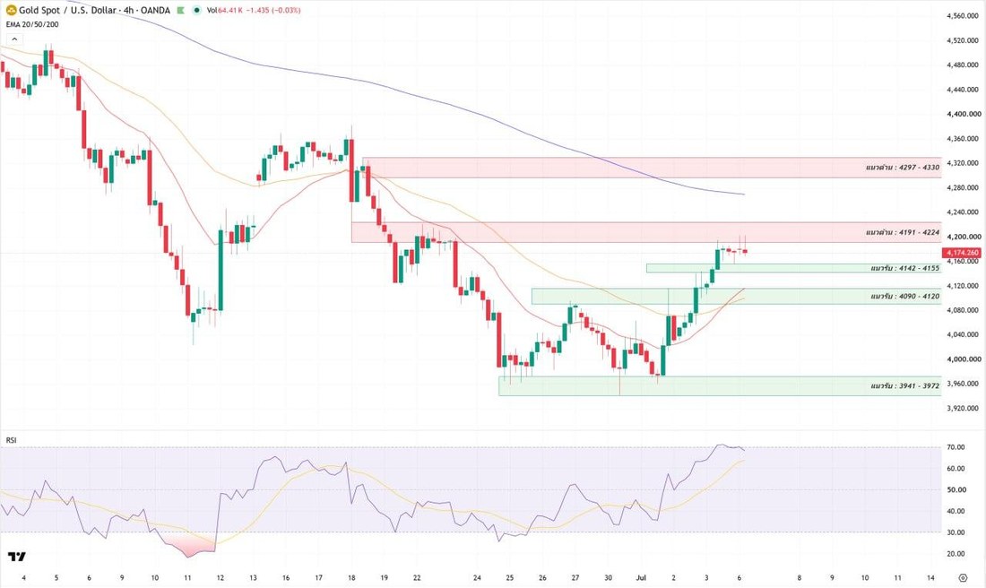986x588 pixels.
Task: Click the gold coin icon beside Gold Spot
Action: click(11, 10)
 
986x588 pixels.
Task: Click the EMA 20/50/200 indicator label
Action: click(32, 24)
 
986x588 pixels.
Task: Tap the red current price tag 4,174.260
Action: click(961, 253)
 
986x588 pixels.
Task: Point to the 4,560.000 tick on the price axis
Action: click(963, 16)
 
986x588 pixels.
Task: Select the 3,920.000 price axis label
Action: click(963, 408)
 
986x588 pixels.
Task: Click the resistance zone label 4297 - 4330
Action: click(903, 168)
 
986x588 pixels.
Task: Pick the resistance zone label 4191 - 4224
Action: click(903, 233)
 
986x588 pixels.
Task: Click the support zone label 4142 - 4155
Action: click(905, 269)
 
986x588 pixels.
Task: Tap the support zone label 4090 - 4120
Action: click(905, 296)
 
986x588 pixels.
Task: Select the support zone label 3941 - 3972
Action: click(905, 385)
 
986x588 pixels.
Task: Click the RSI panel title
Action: click(12, 440)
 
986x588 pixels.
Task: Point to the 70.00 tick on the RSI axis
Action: click(956, 447)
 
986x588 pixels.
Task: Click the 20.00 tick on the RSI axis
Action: click(956, 554)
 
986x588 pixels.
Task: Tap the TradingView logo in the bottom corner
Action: click(17, 557)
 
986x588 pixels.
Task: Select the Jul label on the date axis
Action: click(642, 578)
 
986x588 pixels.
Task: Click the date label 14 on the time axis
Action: click(930, 578)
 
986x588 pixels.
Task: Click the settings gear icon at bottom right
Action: click(963, 578)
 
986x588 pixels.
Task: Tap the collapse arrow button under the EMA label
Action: click(14, 39)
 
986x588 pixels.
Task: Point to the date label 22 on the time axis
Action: click(417, 578)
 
